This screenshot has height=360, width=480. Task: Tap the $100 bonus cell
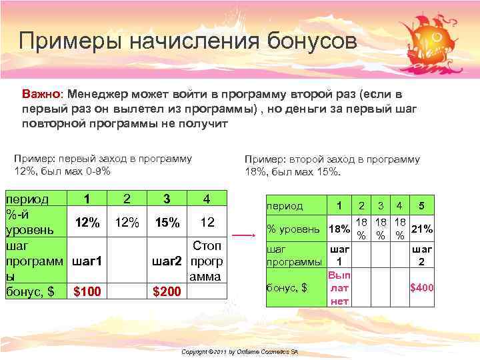pyautogui.click(x=87, y=291)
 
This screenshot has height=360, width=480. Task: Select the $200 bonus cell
pyautogui.click(x=167, y=291)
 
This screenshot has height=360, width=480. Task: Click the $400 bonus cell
pyautogui.click(x=421, y=287)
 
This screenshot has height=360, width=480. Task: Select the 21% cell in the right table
pyautogui.click(x=421, y=229)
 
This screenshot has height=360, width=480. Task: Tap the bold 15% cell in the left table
pyautogui.click(x=167, y=223)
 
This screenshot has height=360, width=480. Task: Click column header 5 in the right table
pyautogui.click(x=421, y=206)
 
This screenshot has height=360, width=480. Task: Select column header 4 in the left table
pyautogui.click(x=207, y=199)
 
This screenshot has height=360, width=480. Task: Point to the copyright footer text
pyautogui.click(x=240, y=351)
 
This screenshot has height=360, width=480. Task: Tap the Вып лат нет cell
pyautogui.click(x=339, y=288)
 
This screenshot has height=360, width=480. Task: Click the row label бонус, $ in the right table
pyautogui.click(x=287, y=288)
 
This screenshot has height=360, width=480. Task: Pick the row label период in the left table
pyautogui.click(x=27, y=199)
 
